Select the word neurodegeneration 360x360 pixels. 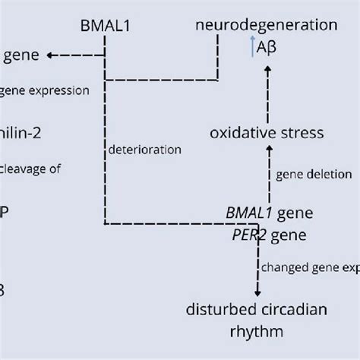click(266, 25)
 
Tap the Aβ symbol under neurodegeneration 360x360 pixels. click(267, 48)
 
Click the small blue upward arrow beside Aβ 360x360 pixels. click(252, 48)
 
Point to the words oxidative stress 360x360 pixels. click(267, 133)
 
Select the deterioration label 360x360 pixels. click(145, 150)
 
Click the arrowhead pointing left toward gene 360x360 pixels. click(51, 55)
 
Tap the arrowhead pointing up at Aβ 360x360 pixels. click(267, 70)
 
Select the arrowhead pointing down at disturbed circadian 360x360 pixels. click(257, 292)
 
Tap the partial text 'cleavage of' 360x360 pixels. click(30, 169)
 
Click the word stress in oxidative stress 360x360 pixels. click(300, 133)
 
